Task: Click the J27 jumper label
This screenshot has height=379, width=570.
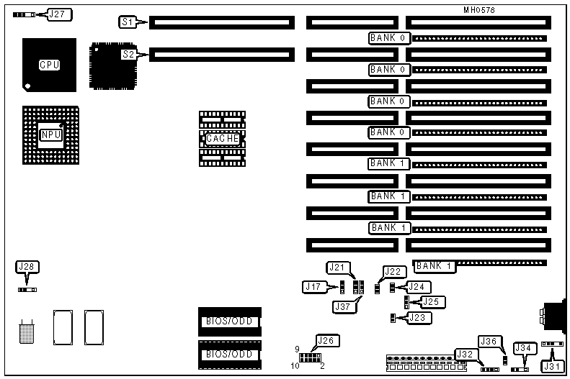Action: (x=55, y=14)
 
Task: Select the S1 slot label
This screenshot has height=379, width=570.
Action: (x=128, y=22)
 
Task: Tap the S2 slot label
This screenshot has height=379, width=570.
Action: (x=128, y=54)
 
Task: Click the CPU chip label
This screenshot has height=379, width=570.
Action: (x=49, y=65)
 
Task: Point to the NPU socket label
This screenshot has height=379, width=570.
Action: (x=50, y=134)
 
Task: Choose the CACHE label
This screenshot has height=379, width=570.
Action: (x=222, y=139)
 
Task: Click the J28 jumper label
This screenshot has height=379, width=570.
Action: (x=25, y=267)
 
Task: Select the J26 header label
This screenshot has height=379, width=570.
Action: (x=326, y=340)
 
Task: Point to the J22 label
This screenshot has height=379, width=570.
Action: (x=394, y=272)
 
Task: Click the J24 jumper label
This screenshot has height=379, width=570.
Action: (x=416, y=286)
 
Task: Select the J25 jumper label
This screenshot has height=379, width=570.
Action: (x=430, y=301)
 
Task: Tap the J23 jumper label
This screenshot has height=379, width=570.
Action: (x=416, y=317)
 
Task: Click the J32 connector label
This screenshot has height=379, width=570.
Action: (x=465, y=354)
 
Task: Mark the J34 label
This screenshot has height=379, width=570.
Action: (x=524, y=349)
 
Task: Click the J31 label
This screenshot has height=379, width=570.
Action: (x=552, y=366)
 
